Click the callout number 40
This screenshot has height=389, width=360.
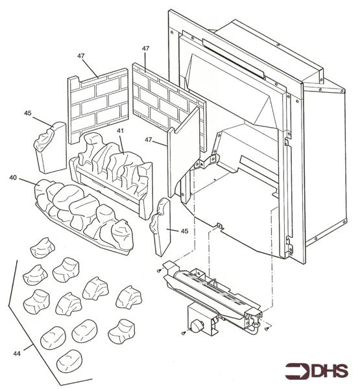point(12,176)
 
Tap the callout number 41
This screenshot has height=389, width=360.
point(120,132)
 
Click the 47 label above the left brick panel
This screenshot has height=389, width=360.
point(81,56)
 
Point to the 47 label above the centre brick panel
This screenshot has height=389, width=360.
point(145,49)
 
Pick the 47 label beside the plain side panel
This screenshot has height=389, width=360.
point(149,140)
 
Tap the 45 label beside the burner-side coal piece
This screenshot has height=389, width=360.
point(185,231)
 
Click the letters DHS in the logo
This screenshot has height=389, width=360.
point(331,371)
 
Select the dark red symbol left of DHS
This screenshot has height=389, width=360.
point(298,371)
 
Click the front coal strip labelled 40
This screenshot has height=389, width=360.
point(84,211)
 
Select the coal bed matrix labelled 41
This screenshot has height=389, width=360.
point(114,169)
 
